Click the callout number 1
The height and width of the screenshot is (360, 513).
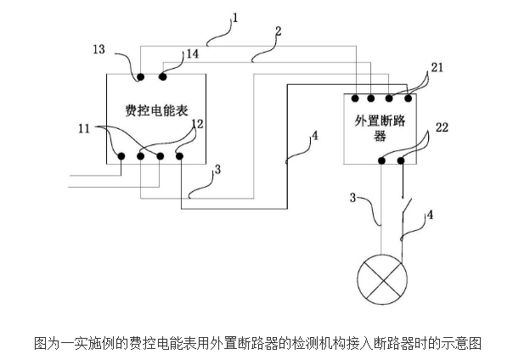click(x=235, y=16)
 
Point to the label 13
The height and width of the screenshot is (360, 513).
click(x=99, y=50)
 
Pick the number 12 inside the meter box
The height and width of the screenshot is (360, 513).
click(x=197, y=125)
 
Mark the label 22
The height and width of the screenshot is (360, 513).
click(x=443, y=127)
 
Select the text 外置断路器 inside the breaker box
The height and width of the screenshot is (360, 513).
click(x=380, y=127)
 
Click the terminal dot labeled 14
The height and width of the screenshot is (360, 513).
click(x=162, y=78)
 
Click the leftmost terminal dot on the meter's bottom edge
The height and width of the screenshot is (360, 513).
click(x=121, y=155)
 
